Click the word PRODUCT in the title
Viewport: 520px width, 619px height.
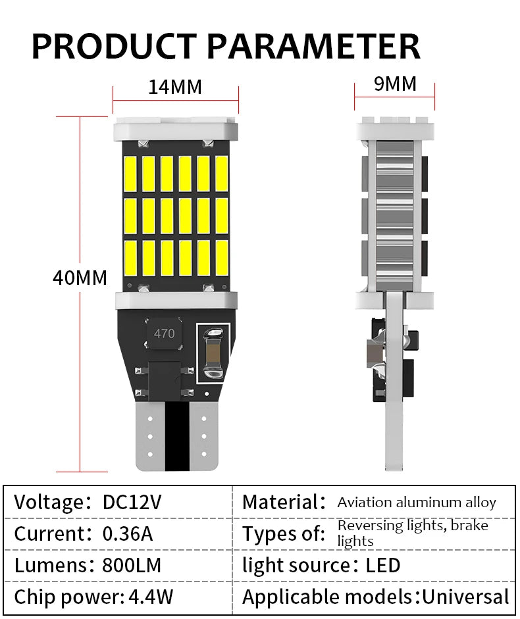tap(114, 46)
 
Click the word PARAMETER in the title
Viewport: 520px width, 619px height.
tap(313, 46)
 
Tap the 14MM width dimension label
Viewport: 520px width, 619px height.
tap(175, 87)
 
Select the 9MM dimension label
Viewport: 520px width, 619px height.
tap(395, 84)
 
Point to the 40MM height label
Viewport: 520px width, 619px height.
tap(80, 278)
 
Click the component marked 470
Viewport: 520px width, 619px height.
tap(164, 334)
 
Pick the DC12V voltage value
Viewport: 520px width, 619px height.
tap(132, 502)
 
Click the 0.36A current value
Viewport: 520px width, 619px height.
tap(128, 533)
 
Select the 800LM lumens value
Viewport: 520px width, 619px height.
tap(132, 565)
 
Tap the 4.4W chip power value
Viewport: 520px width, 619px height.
tap(151, 597)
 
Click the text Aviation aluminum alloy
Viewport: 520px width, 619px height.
tap(417, 503)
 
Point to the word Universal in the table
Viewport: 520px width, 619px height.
tap(465, 597)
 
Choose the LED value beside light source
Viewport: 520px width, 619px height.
tap(383, 565)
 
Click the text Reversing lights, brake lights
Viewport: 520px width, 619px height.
tap(413, 533)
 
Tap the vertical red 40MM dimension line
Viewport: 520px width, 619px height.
tap(80, 294)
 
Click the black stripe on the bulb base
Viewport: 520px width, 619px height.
tap(176, 436)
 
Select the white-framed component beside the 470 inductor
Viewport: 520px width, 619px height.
tap(213, 353)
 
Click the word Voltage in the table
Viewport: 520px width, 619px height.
tap(49, 503)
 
